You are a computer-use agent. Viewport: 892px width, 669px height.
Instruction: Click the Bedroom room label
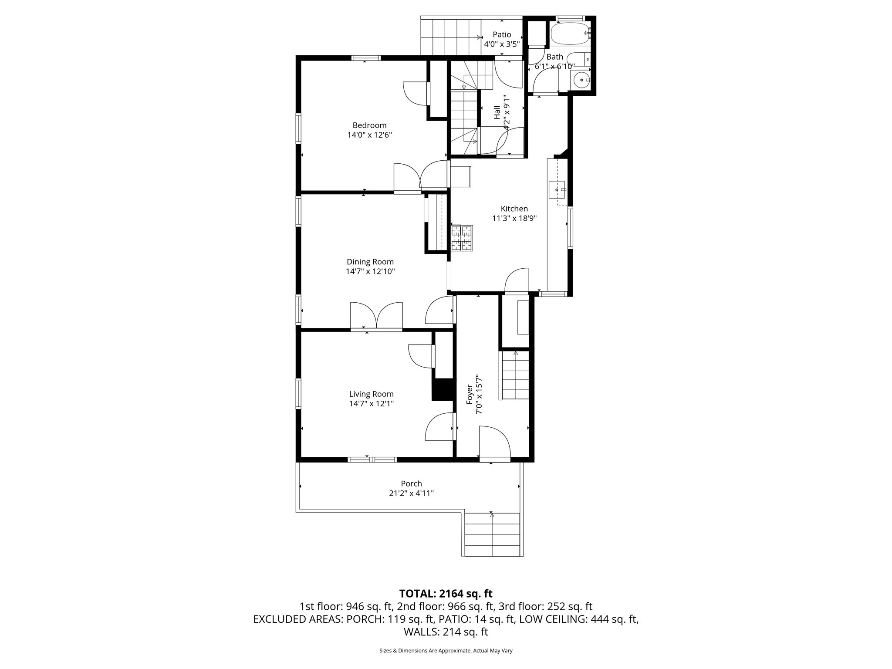coord(369,125)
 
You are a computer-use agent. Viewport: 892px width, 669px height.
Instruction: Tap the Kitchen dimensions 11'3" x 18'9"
coord(514,218)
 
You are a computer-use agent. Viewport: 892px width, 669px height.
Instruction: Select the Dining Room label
coord(370,262)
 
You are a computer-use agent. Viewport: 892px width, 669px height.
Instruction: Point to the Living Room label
coord(371,394)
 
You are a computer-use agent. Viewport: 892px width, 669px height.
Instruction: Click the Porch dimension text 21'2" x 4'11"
coord(411,493)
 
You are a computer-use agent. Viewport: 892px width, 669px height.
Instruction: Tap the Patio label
coord(502,35)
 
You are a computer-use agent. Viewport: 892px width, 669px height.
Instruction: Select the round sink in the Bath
coord(581,80)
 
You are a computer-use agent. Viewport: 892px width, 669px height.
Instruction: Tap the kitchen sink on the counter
coord(557,190)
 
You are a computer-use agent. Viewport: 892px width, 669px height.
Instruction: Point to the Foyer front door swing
coord(494,442)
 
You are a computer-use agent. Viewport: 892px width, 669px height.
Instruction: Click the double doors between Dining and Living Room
coord(376,315)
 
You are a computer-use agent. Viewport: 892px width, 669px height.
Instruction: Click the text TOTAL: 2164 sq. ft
coord(446,594)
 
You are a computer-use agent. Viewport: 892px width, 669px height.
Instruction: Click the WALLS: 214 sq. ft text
coord(446,632)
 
